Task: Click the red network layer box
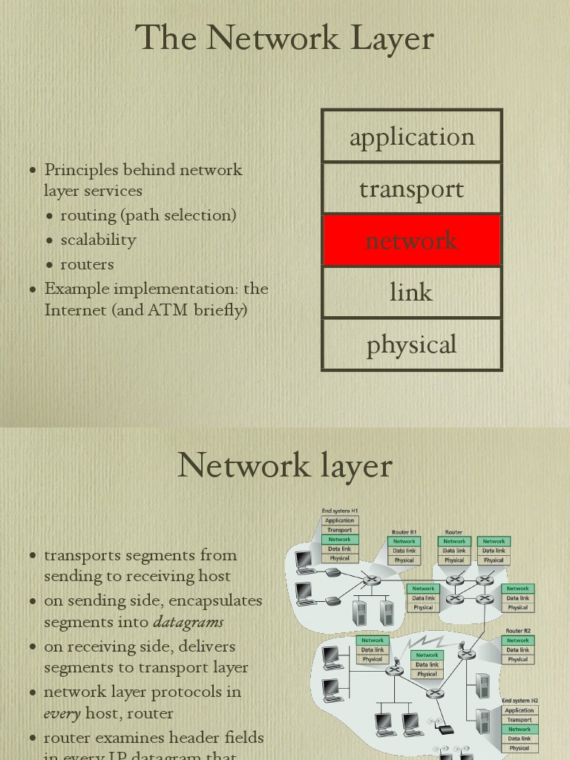[412, 240]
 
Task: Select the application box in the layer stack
[412, 137]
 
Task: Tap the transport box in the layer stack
[412, 189]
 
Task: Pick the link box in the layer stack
[412, 292]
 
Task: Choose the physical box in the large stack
[412, 344]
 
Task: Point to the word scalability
[98, 240]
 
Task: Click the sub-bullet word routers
[87, 264]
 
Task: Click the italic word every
[62, 713]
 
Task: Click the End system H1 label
[340, 511]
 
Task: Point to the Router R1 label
[404, 532]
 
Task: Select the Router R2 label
[518, 631]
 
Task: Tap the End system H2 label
[520, 701]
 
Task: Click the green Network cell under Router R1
[404, 541]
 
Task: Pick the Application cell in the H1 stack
[340, 520]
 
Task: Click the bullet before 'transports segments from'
[33, 555]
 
